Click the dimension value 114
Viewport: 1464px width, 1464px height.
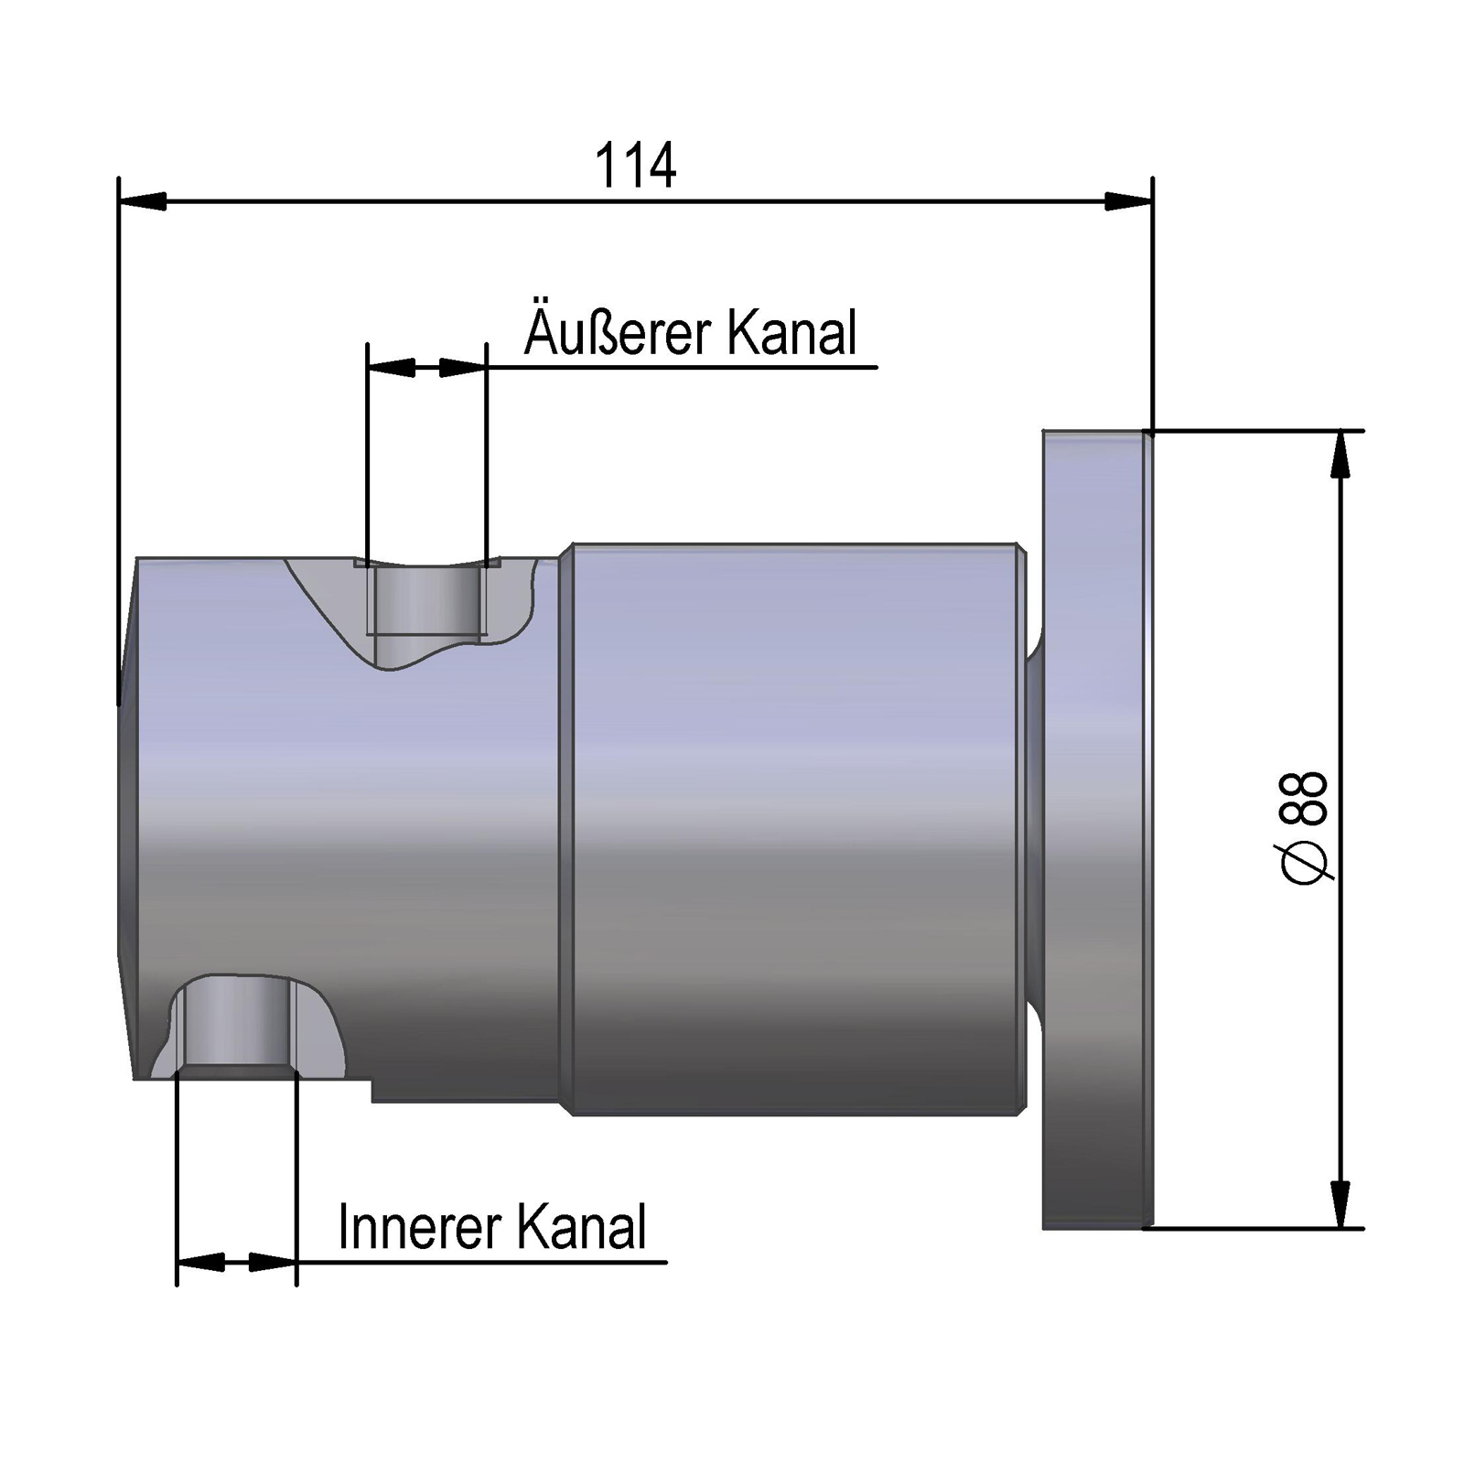635,166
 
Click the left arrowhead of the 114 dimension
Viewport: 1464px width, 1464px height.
143,201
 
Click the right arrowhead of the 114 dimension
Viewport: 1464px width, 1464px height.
1128,201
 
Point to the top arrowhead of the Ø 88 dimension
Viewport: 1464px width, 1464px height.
1340,454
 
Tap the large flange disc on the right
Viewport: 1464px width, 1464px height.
1093,828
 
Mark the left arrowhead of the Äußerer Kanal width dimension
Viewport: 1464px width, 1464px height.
391,368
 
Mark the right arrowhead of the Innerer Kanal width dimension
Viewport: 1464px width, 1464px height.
273,1263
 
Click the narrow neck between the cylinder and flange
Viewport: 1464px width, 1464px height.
1035,828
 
